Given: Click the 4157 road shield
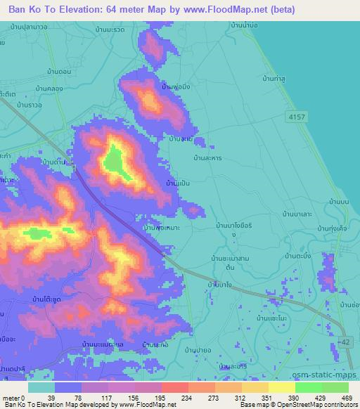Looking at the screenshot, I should point(297,117).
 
